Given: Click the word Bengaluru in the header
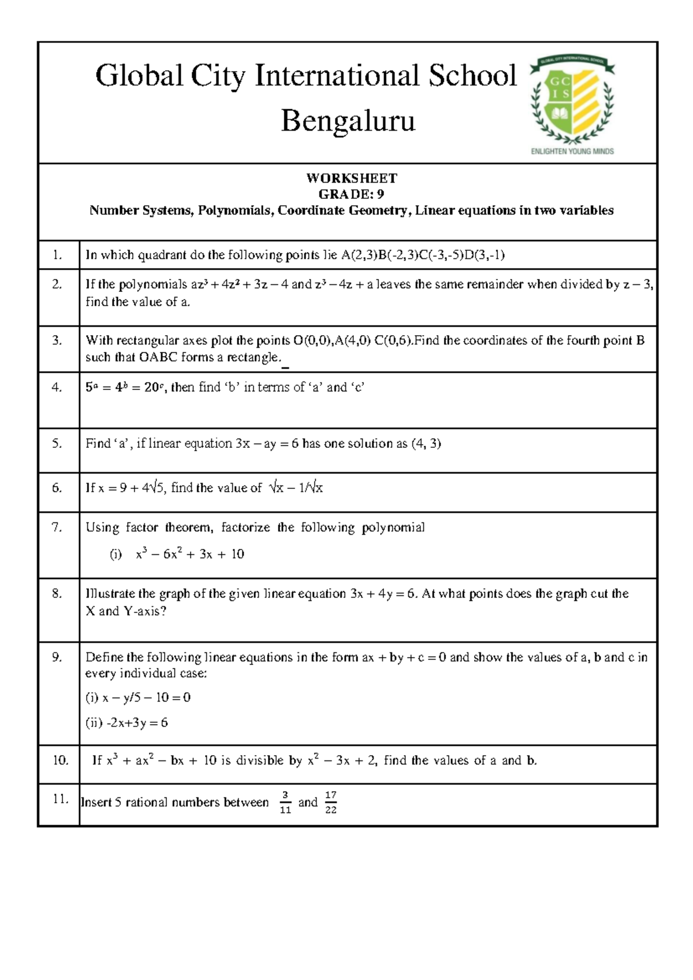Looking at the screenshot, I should tap(348, 121).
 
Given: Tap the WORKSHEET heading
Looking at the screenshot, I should tap(351, 178).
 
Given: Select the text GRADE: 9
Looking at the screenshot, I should tap(351, 194).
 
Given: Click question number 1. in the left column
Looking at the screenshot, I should tap(57, 255).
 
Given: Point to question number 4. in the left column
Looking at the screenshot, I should tap(57, 388).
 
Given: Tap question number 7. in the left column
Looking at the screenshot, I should tap(57, 527).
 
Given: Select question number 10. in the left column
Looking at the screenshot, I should tap(61, 760).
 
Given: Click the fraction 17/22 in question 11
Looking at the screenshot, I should tap(330, 803).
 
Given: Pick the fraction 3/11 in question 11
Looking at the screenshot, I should tap(285, 803).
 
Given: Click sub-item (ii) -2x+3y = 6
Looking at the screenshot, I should tap(127, 723).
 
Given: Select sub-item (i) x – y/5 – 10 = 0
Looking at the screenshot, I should tap(138, 697).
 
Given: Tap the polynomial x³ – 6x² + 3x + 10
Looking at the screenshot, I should tap(189, 554).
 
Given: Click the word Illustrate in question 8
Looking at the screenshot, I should tap(109, 593).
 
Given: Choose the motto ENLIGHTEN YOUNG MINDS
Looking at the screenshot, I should tap(572, 151).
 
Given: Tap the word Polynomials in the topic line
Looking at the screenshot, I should tap(235, 210).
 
